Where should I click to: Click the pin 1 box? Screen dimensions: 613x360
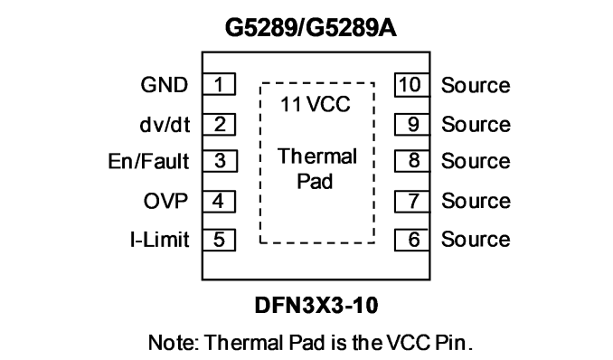click(x=219, y=84)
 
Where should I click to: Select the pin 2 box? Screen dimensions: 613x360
click(x=219, y=125)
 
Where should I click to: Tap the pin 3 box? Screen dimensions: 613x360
click(x=220, y=161)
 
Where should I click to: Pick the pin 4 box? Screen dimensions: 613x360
click(x=219, y=202)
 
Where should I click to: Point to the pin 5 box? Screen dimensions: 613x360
click(x=219, y=240)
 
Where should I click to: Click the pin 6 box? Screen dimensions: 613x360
click(x=412, y=240)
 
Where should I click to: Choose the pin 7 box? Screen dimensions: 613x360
click(x=412, y=202)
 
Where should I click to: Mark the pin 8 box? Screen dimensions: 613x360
click(x=412, y=161)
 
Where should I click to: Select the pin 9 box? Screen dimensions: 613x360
click(x=412, y=125)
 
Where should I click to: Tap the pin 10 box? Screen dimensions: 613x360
click(x=412, y=84)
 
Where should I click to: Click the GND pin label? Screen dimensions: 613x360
click(x=165, y=85)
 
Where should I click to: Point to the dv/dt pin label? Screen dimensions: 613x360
click(x=165, y=125)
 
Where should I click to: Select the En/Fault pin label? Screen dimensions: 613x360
click(x=148, y=161)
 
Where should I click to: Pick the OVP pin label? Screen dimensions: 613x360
click(x=165, y=201)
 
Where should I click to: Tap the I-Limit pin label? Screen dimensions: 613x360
click(x=159, y=240)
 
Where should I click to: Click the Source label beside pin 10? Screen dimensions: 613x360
click(x=476, y=85)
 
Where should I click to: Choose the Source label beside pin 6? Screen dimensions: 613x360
click(x=476, y=240)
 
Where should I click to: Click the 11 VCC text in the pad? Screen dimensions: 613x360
click(x=316, y=105)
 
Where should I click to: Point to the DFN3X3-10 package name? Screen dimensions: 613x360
click(x=316, y=305)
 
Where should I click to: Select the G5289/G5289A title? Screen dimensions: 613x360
click(x=311, y=28)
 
